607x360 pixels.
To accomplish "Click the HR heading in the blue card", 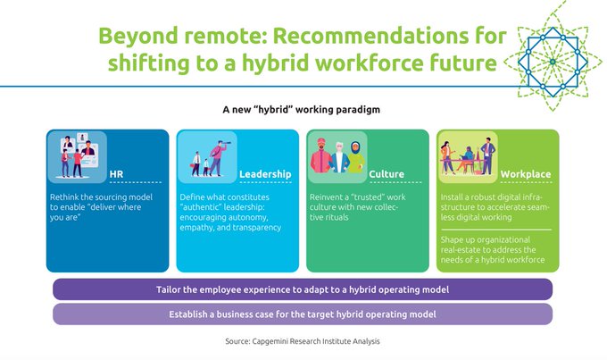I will [x=116, y=174].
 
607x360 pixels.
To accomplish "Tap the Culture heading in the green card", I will [x=387, y=174].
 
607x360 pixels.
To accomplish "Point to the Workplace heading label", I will [x=525, y=174].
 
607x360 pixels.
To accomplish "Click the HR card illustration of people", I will [x=78, y=157].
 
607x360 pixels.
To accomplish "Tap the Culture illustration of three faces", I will [x=337, y=158].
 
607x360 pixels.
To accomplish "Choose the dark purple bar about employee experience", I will [x=302, y=290].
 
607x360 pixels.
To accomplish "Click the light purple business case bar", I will [x=302, y=314].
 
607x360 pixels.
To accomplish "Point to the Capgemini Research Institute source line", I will [x=303, y=341].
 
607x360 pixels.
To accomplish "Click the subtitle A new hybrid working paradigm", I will [x=302, y=112].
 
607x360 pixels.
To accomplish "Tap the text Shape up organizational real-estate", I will [x=495, y=250].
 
